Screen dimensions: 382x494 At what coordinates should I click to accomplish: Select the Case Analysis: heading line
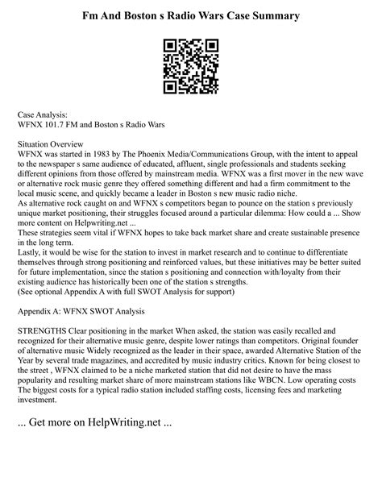49,115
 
